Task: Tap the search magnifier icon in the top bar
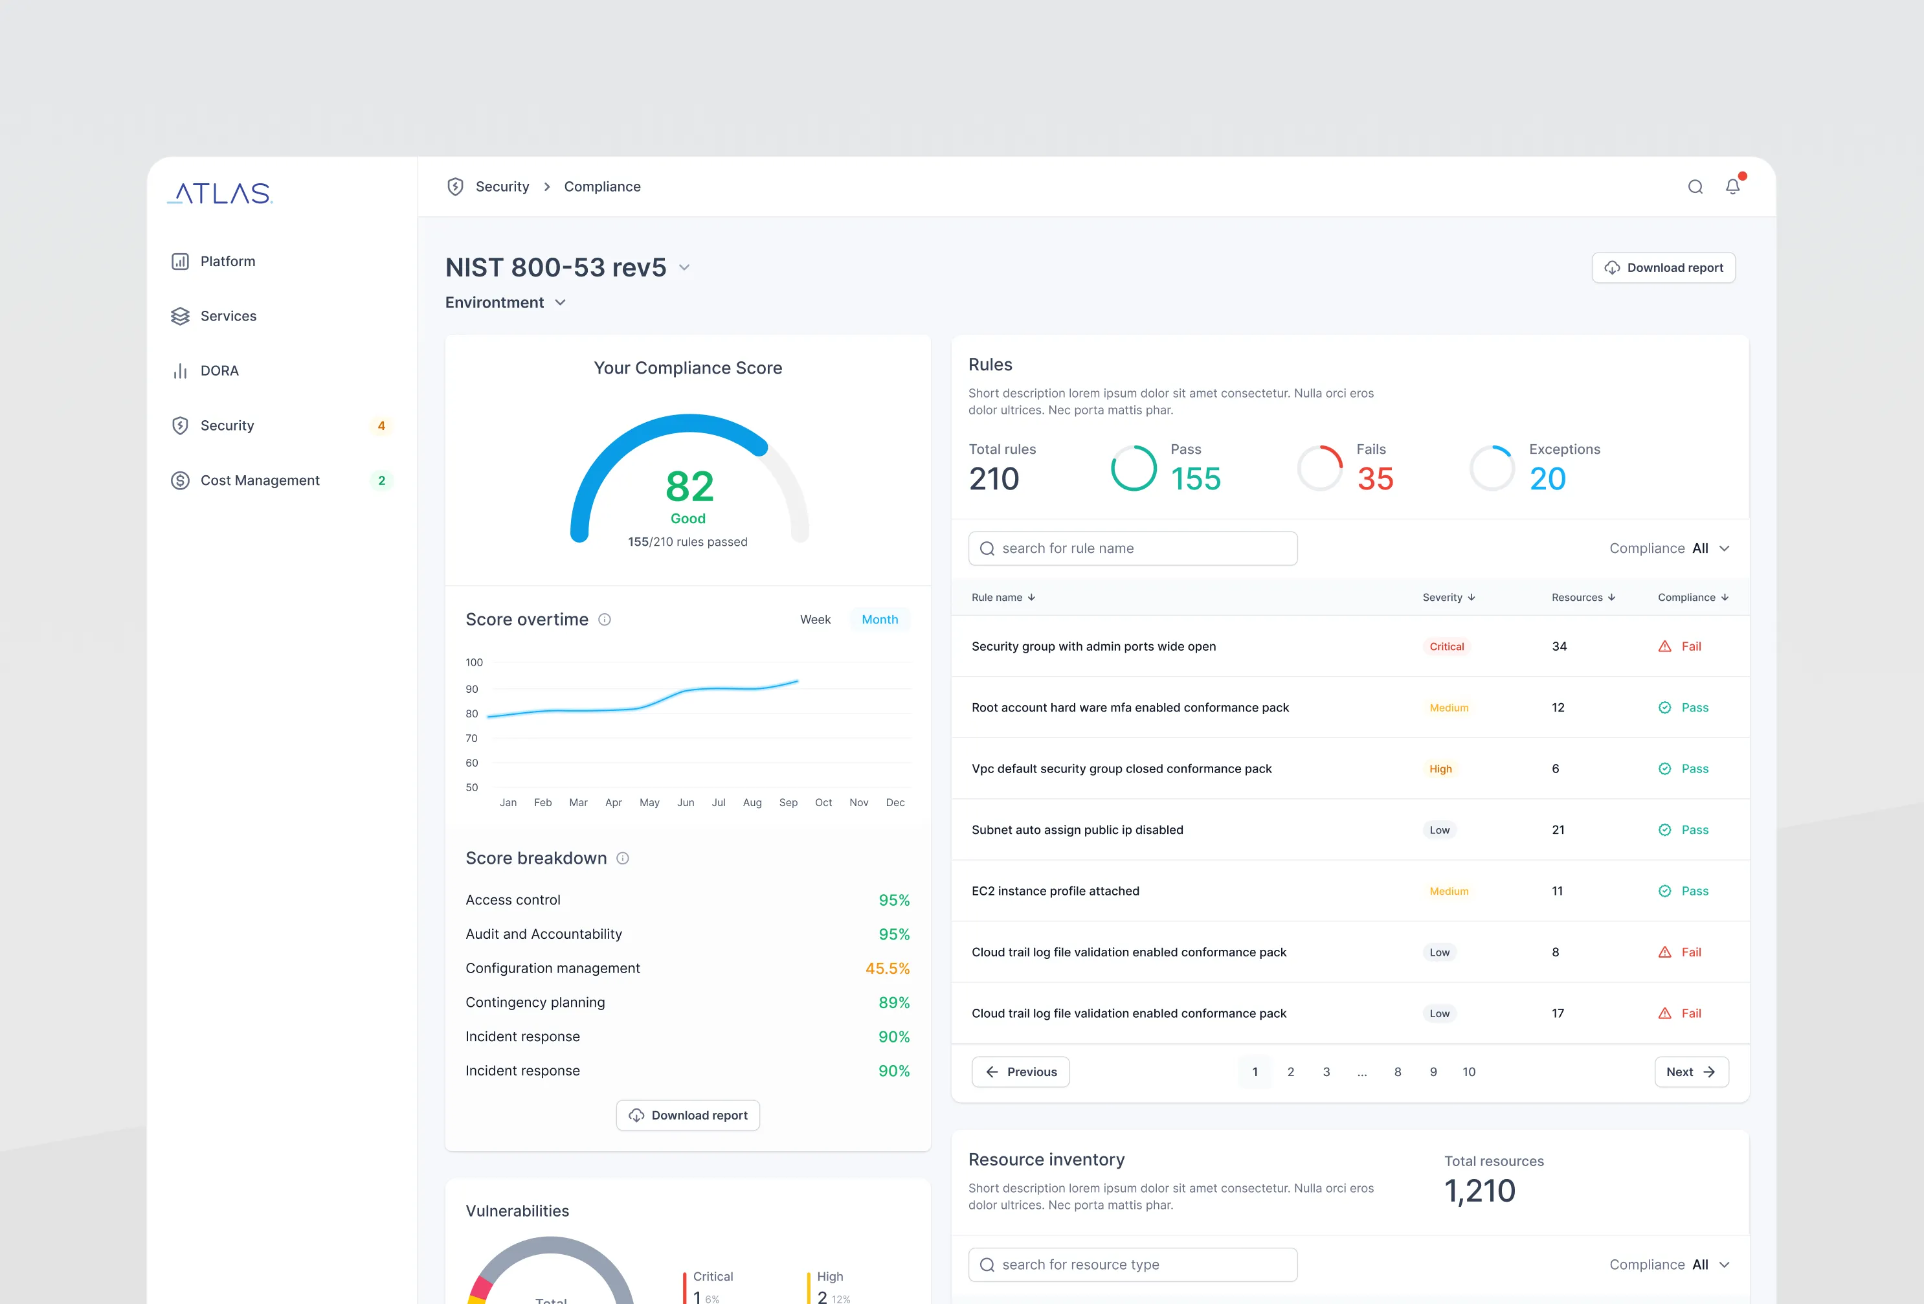[1695, 187]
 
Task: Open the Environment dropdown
[505, 303]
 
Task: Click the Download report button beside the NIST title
[1662, 267]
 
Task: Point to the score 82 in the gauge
[689, 486]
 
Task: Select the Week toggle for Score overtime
[814, 619]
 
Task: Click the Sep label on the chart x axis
[788, 802]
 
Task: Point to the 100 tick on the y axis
[473, 662]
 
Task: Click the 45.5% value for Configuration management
[888, 968]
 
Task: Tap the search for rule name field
[1132, 548]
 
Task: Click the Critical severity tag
[1446, 647]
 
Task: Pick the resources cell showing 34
[1559, 647]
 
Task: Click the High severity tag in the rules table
[1440, 769]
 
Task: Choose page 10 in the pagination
[1469, 1072]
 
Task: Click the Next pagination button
[1690, 1072]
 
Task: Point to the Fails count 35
[1375, 478]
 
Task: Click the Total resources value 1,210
[1479, 1191]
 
